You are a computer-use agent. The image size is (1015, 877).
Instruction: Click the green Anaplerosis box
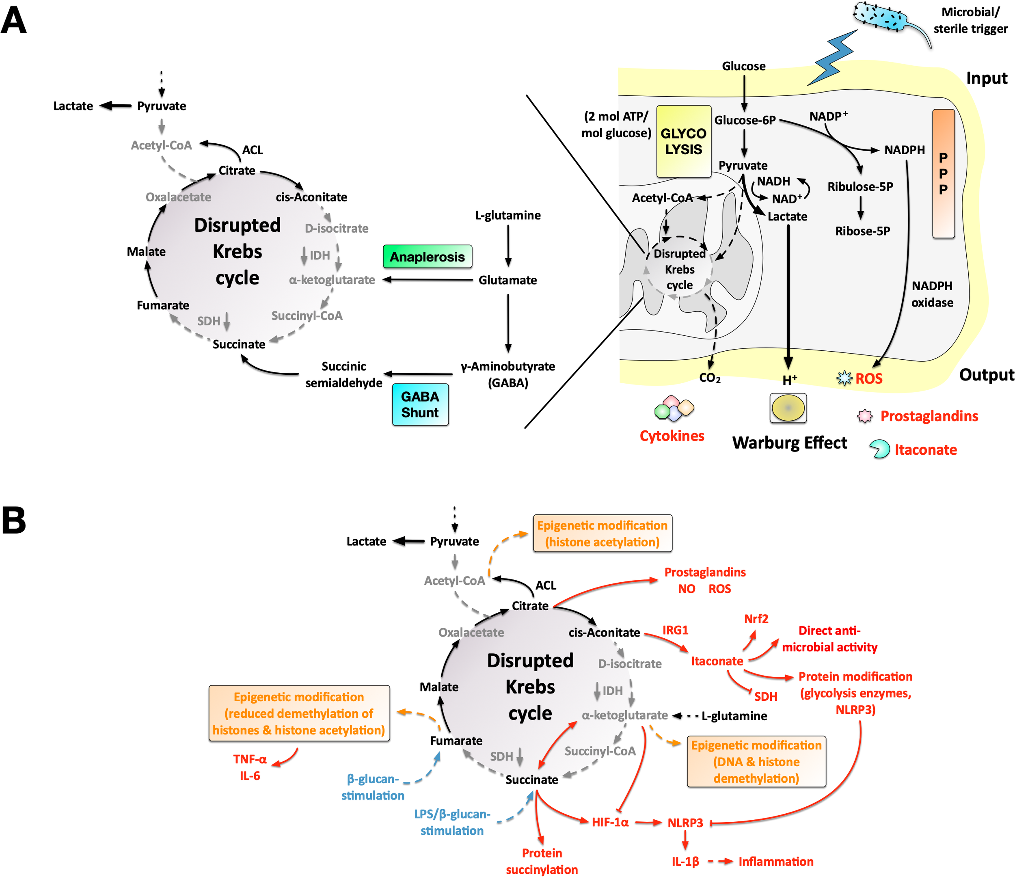tap(427, 257)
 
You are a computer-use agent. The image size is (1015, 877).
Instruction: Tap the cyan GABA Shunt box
tap(420, 405)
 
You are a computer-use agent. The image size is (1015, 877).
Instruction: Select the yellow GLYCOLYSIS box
tap(683, 142)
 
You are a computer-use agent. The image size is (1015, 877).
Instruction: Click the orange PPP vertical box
tap(943, 173)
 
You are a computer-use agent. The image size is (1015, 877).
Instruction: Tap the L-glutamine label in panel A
tap(508, 216)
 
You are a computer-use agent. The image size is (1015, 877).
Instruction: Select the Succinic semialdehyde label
tap(344, 374)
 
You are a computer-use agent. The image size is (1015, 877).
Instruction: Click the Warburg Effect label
tap(789, 443)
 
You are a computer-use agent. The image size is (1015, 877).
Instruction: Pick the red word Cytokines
tap(672, 436)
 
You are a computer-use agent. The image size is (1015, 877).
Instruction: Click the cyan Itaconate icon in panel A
tap(880, 449)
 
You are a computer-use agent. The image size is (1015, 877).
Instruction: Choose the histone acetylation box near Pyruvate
tap(602, 534)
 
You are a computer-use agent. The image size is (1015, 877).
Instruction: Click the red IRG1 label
tap(675, 630)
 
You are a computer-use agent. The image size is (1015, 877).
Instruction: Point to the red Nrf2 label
tap(756, 619)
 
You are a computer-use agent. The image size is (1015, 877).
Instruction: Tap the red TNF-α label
tap(250, 759)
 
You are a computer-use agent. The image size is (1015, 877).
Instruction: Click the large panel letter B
tap(14, 521)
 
